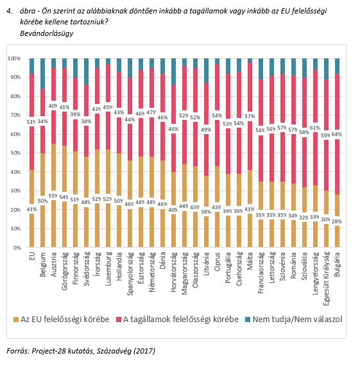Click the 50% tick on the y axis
tap(15, 153)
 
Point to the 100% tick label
tap(14, 58)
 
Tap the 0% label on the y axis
tap(17, 248)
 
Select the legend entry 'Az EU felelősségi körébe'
tap(62, 320)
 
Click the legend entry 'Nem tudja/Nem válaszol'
tap(293, 320)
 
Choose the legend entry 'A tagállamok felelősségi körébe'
tap(177, 320)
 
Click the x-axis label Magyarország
tap(184, 273)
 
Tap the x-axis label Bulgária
tap(337, 264)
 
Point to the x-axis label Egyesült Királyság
tap(326, 278)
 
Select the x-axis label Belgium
tap(42, 264)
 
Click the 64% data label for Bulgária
tap(337, 134)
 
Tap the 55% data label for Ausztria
tap(53, 196)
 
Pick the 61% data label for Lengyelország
tap(315, 128)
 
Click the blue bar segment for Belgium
tap(42, 74)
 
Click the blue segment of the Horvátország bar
tap(174, 72)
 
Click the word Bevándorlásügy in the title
tap(47, 33)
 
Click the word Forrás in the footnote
tap(17, 351)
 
